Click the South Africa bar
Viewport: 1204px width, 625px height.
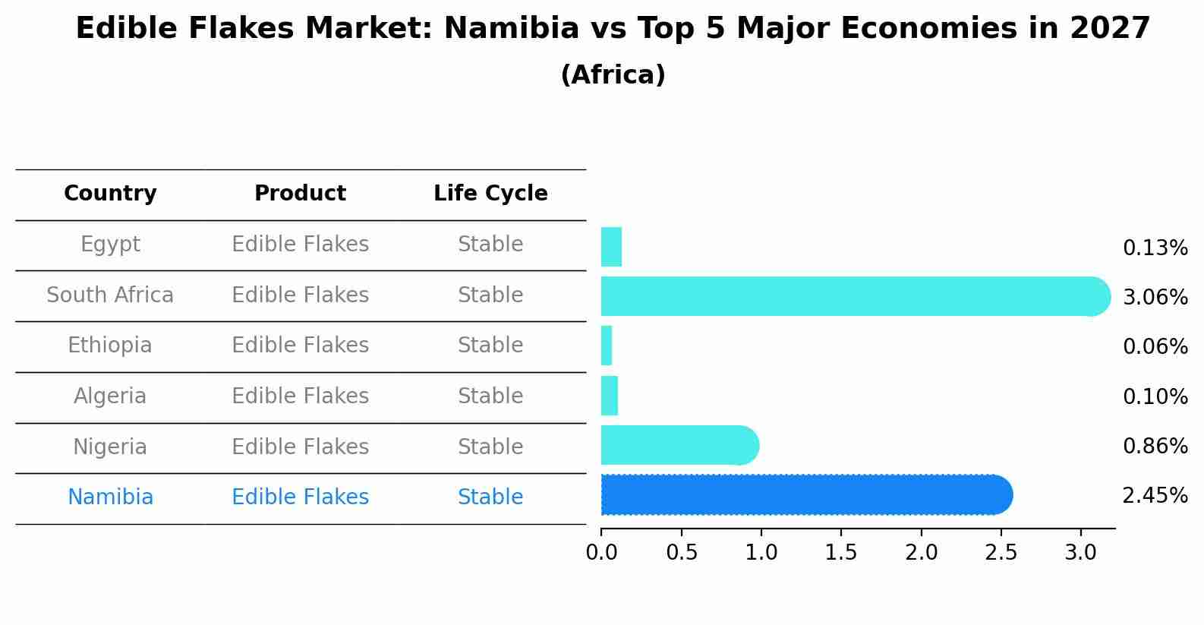point(850,296)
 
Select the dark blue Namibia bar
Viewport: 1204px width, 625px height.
point(805,495)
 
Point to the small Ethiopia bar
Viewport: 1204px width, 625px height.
point(607,346)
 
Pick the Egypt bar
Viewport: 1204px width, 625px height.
point(611,247)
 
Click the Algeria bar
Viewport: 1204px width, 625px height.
point(610,396)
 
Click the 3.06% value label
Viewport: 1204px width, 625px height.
point(1155,297)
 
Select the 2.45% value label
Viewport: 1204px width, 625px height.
point(1155,496)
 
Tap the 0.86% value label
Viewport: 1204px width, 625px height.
point(1155,446)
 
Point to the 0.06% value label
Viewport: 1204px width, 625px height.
point(1155,347)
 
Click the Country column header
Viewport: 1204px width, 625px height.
point(110,194)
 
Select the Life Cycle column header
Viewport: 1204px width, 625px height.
point(490,194)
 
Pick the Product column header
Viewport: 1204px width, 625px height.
point(300,194)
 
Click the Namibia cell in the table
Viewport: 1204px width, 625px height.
point(110,497)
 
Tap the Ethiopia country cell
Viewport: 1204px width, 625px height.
point(110,346)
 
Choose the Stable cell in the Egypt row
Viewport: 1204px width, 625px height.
point(490,245)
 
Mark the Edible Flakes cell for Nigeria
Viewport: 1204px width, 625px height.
point(300,447)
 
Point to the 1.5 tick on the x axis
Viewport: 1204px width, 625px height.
point(841,553)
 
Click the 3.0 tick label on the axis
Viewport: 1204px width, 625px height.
point(1080,553)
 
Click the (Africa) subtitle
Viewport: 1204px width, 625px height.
point(613,75)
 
